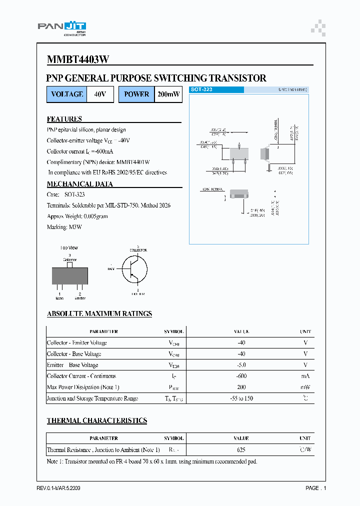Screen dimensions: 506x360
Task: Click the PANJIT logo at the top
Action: (62, 28)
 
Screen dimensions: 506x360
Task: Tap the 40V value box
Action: (100, 94)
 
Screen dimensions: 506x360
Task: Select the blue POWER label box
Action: (136, 94)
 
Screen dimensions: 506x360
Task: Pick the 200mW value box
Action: (168, 94)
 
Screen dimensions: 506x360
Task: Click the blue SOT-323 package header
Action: (216, 89)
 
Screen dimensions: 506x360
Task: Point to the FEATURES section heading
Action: (64, 119)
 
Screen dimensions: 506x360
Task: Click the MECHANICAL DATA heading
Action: (79, 184)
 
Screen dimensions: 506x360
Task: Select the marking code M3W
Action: (75, 227)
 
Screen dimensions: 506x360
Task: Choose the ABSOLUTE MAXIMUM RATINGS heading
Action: (99, 314)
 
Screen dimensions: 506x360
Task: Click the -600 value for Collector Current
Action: (242, 376)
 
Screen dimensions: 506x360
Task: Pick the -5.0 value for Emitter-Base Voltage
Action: (242, 365)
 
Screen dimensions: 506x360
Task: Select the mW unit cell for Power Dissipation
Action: (305, 387)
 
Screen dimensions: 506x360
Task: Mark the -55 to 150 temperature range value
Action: (242, 398)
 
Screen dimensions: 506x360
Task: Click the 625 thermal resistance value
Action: (241, 449)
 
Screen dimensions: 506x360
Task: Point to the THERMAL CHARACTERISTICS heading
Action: (96, 420)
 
